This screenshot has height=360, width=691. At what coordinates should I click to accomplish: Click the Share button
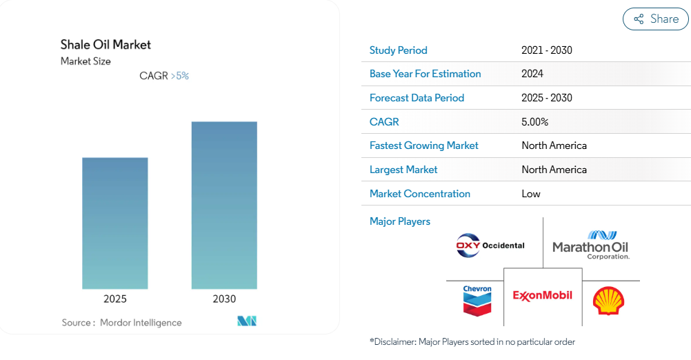(655, 19)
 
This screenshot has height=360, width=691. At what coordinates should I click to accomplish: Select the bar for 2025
(115, 223)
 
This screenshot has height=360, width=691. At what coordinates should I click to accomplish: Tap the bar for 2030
(224, 206)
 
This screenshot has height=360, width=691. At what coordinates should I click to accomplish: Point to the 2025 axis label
(115, 299)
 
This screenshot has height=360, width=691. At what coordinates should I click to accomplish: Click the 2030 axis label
(224, 299)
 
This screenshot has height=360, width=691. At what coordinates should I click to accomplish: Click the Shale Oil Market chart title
(106, 45)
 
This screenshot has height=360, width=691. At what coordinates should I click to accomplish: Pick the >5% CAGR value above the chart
(180, 76)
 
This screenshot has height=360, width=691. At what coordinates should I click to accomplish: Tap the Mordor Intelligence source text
(141, 323)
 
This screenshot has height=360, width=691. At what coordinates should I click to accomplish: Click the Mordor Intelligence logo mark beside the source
(247, 321)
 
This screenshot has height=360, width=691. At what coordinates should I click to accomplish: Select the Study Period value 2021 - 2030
(546, 50)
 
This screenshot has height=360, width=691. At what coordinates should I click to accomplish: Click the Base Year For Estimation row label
(425, 74)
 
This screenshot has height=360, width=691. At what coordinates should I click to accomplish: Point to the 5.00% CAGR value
(534, 122)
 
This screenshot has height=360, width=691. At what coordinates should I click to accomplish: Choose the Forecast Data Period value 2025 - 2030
(546, 98)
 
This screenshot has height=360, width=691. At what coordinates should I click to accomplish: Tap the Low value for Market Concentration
(530, 194)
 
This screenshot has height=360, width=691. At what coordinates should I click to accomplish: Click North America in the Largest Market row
(554, 170)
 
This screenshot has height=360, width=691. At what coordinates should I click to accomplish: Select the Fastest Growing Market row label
(423, 146)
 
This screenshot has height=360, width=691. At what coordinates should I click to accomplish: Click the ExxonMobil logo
(543, 296)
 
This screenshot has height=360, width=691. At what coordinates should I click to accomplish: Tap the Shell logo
(609, 301)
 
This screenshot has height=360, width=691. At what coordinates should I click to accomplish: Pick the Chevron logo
(477, 301)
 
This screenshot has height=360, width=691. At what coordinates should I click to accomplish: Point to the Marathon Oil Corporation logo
(590, 245)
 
